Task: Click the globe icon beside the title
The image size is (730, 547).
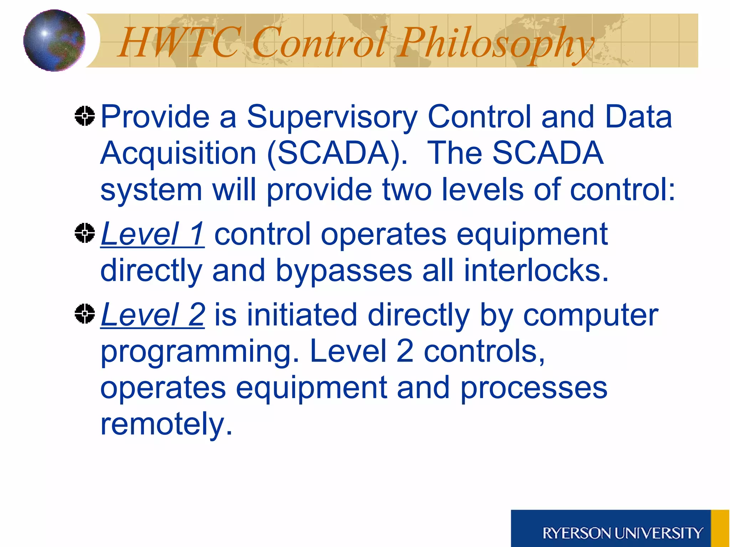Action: pos(54,41)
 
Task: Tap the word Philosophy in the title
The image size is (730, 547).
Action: pos(495,45)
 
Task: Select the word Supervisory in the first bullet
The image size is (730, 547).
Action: pos(332,118)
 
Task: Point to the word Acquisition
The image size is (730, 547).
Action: pos(178,154)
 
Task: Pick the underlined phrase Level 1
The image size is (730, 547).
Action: pos(153,234)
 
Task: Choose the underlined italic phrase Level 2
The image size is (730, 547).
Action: pos(153,315)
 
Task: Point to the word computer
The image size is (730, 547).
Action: pos(590,316)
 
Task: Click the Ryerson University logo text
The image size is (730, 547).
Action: pos(622,533)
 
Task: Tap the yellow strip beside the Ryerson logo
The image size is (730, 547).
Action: pos(720,528)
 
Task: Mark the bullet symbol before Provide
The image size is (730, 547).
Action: pos(85,116)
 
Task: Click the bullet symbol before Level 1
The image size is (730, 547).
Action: pos(85,233)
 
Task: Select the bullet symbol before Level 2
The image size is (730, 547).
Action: pos(85,314)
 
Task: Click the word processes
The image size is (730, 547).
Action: pos(534,388)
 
